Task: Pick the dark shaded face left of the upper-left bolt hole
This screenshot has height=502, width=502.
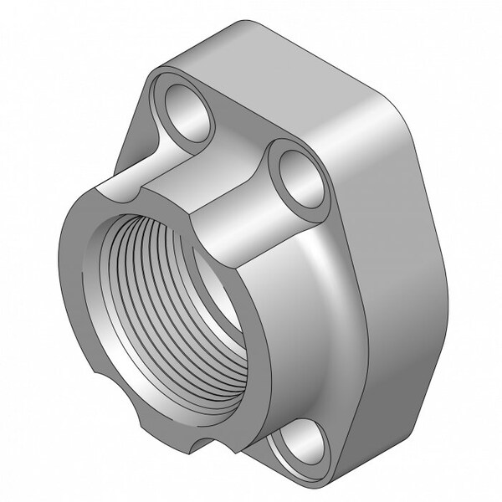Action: [134, 134]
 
